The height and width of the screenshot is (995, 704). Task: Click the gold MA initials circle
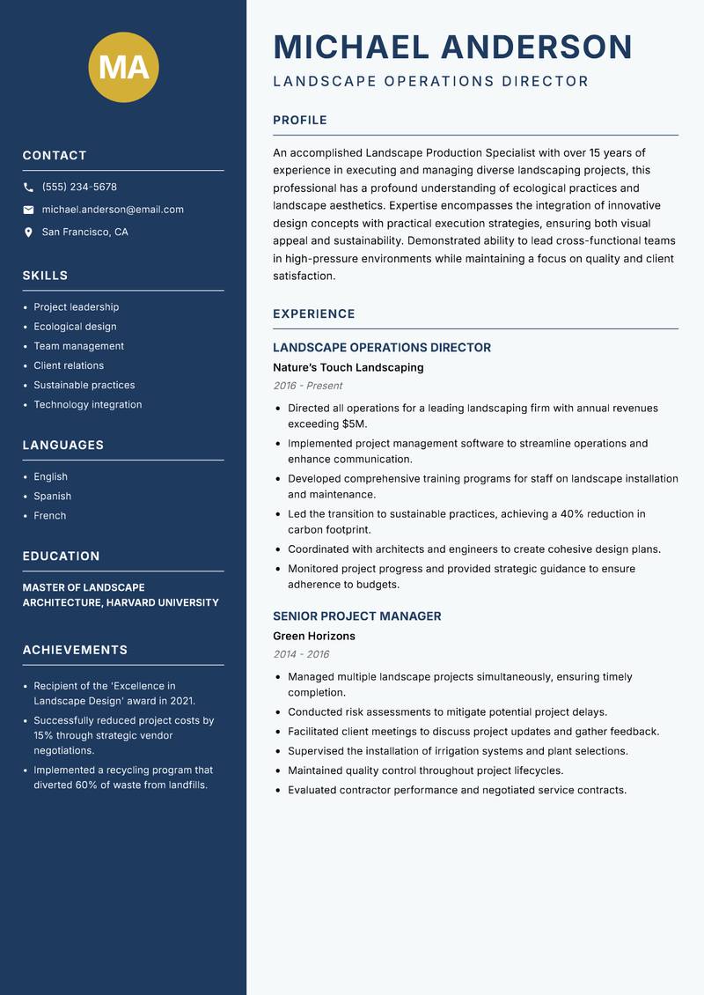coord(123,67)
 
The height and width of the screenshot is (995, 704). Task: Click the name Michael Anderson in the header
coord(452,47)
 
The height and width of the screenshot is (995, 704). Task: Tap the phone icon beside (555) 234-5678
coord(28,188)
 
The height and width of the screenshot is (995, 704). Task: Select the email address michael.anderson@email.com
coord(113,210)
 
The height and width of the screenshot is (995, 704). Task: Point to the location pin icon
coord(28,232)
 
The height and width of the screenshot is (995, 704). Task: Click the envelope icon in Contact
coord(28,210)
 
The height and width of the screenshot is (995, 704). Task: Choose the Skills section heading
coord(45,276)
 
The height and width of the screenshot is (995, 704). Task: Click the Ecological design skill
coord(75,327)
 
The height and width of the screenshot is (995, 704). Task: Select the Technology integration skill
coord(87,405)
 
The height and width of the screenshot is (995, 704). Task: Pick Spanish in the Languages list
coord(52,497)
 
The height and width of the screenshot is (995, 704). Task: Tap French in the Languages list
coord(49,516)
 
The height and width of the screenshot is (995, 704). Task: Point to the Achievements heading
coord(75,650)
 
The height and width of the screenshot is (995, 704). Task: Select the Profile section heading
coord(299,121)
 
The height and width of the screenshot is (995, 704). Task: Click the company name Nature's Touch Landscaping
coord(348,367)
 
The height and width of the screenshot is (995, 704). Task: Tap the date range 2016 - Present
coord(307,386)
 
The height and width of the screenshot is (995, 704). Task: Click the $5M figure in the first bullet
coord(353,424)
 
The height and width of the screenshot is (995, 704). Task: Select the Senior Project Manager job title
coord(356,616)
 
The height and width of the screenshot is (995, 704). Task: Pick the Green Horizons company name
coord(313,636)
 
